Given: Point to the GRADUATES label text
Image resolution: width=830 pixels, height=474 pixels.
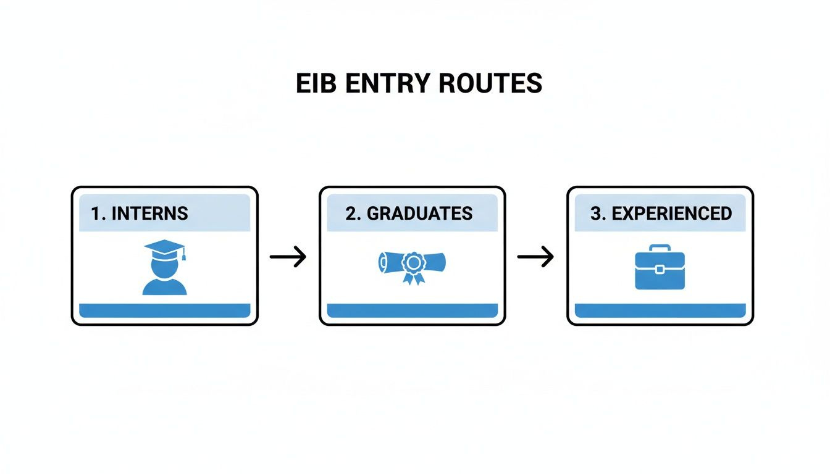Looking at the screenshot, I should point(419,214).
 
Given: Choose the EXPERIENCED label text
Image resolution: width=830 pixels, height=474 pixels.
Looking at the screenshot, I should point(671,214).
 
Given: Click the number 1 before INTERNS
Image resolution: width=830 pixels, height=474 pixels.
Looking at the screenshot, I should point(95,214).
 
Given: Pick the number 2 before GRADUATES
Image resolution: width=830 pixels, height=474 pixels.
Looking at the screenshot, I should point(351,214).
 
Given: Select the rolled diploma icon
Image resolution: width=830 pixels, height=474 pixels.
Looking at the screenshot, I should point(412,265).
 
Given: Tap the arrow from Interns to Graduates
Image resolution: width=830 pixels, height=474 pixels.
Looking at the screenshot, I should point(288,256).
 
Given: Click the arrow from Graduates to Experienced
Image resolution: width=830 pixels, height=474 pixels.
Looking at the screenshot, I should point(535,256).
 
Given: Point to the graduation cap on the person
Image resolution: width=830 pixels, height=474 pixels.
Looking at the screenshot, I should point(164,248).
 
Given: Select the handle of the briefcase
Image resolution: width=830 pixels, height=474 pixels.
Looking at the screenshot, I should point(660,249).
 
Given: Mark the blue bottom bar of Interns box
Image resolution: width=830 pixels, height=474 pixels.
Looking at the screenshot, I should point(164,310).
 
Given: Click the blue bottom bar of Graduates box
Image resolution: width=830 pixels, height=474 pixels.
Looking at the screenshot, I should point(412,310).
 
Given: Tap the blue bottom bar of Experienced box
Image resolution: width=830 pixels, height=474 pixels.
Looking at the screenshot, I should point(660,310).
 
